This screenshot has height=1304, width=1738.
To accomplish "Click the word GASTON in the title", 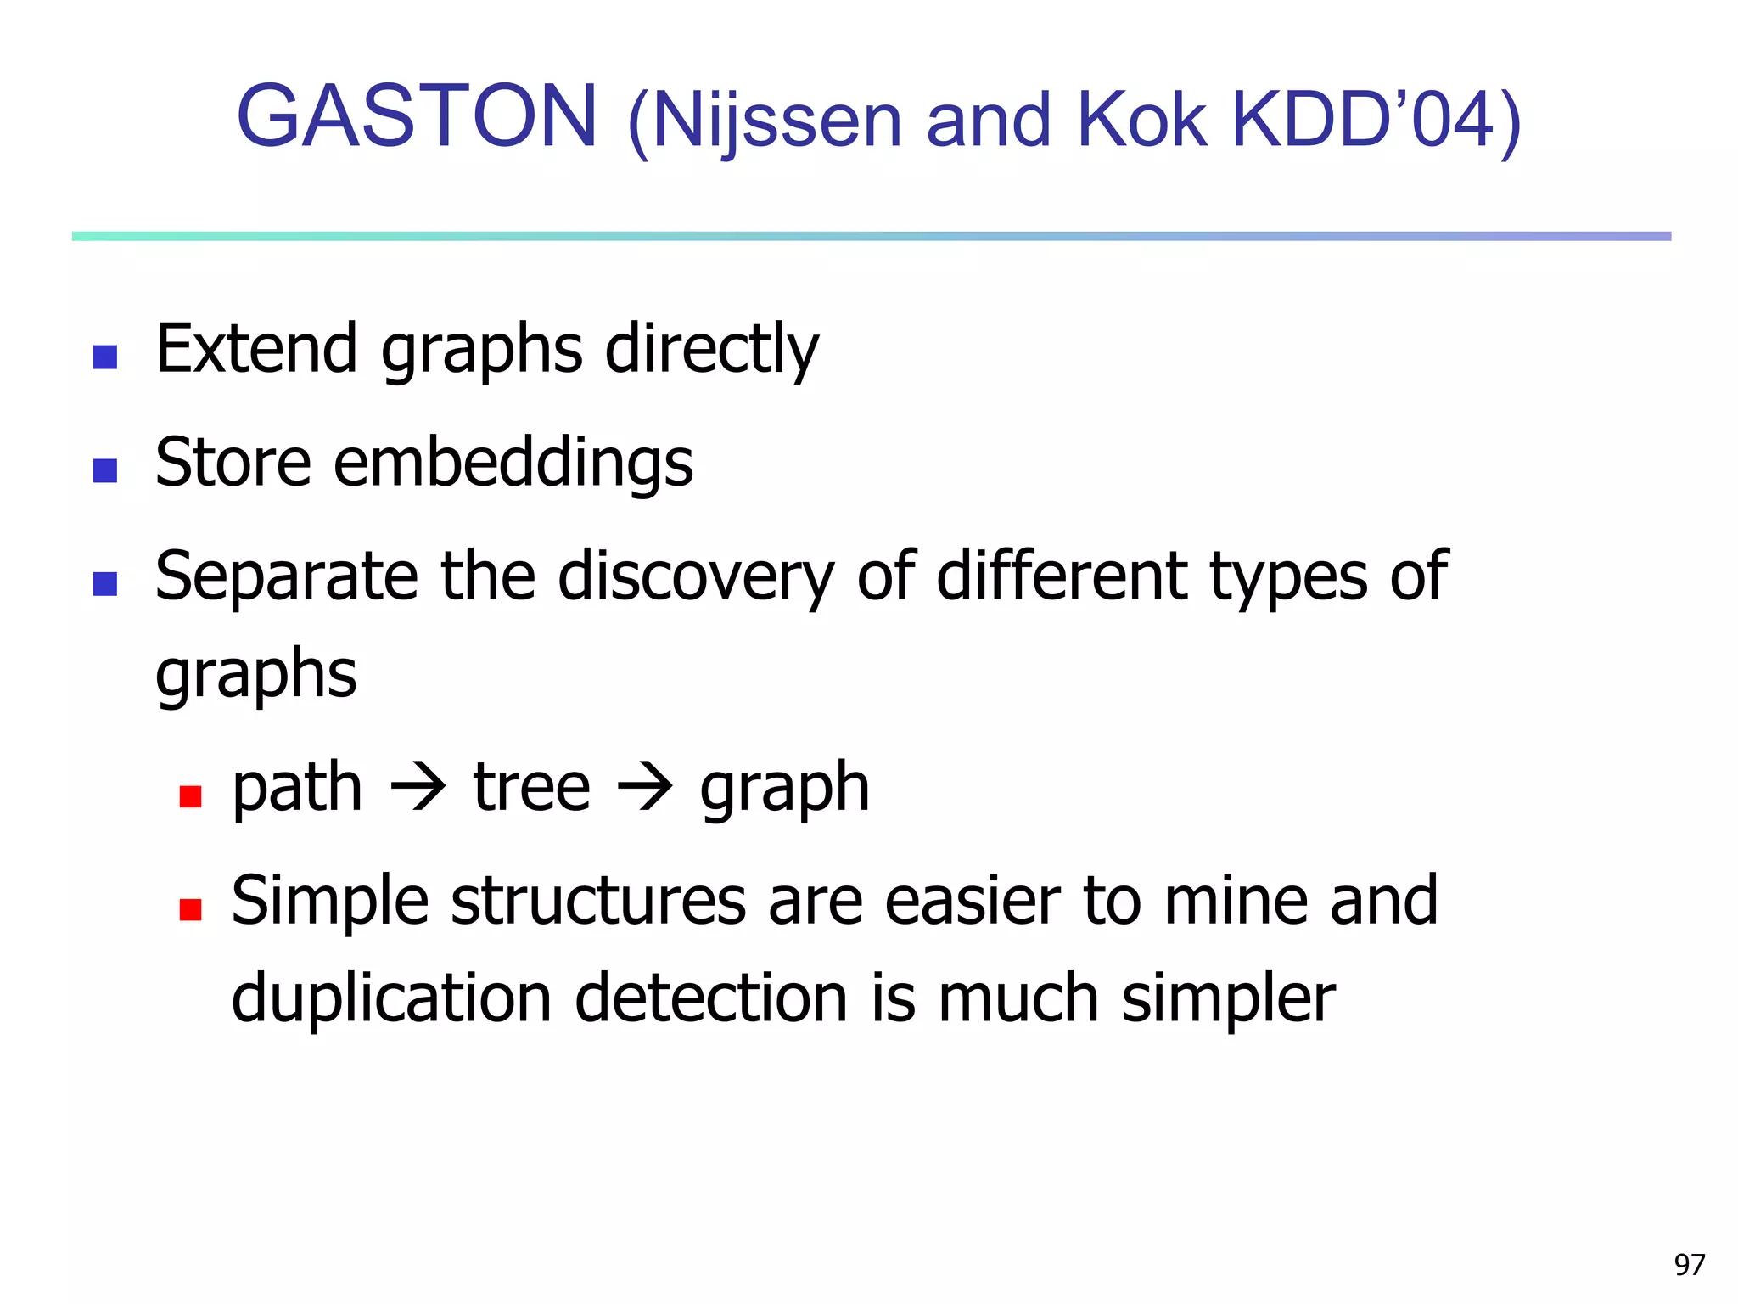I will pyautogui.click(x=418, y=116).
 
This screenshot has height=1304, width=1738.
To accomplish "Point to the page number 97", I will pyautogui.click(x=1689, y=1265).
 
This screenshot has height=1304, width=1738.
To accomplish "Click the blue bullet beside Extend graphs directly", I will pyautogui.click(x=105, y=357).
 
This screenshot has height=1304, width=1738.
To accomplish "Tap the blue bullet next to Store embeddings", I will pyautogui.click(x=105, y=470).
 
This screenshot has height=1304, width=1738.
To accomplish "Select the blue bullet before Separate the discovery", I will pyautogui.click(x=105, y=584).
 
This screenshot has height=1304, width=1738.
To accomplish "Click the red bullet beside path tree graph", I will pyautogui.click(x=191, y=796).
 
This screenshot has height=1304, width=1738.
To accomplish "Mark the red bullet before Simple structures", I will pyautogui.click(x=191, y=910).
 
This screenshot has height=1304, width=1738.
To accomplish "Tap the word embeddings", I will pyautogui.click(x=513, y=464).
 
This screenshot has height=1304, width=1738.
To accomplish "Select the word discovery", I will pyautogui.click(x=696, y=577).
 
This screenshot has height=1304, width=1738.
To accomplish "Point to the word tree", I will pyautogui.click(x=531, y=788).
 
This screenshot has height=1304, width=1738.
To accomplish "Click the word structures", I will pyautogui.click(x=598, y=901).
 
